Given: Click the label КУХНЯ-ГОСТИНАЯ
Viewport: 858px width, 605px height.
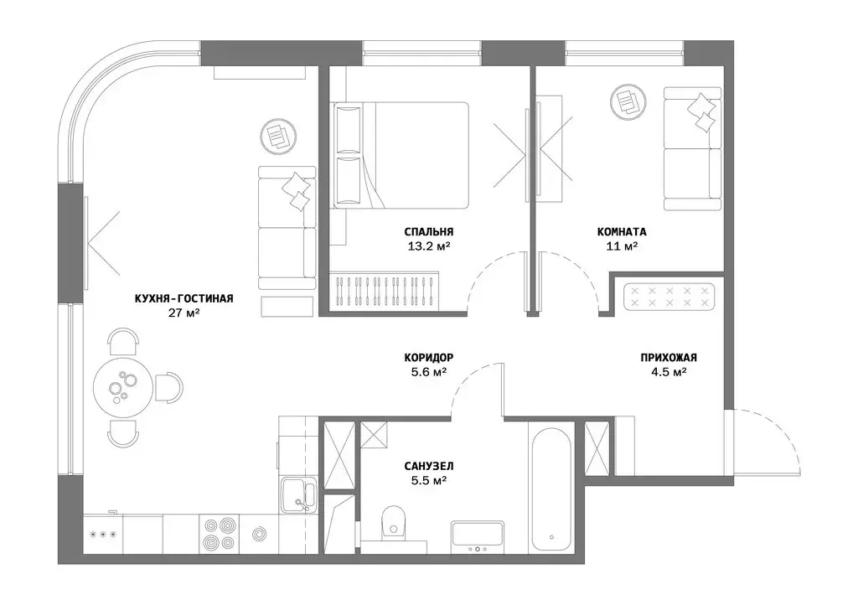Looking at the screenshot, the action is pyautogui.click(x=183, y=298).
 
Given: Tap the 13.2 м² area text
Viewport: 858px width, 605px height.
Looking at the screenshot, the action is pyautogui.click(x=429, y=246).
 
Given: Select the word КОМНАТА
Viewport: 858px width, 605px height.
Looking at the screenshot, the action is pyautogui.click(x=622, y=232).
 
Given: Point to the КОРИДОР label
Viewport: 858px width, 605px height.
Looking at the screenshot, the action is pyautogui.click(x=429, y=358).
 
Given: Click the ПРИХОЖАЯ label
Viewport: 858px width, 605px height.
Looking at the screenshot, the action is pyautogui.click(x=669, y=358).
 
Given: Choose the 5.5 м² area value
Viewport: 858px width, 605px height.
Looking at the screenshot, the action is pyautogui.click(x=429, y=481).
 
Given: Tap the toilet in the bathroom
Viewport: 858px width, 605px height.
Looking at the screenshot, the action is pyautogui.click(x=393, y=520).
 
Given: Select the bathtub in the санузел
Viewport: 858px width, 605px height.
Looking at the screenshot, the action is pyautogui.click(x=551, y=487).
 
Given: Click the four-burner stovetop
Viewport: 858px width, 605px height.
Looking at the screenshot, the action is pyautogui.click(x=219, y=534).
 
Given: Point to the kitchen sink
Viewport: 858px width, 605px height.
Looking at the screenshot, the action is pyautogui.click(x=297, y=494).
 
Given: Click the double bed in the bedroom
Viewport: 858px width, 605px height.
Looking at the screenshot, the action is pyautogui.click(x=400, y=155).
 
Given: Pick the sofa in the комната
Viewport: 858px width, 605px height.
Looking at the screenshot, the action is pyautogui.click(x=693, y=148).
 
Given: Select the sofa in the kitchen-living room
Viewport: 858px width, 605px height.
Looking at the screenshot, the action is pyautogui.click(x=287, y=228).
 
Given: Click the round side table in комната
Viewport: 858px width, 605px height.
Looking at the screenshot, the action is pyautogui.click(x=628, y=101).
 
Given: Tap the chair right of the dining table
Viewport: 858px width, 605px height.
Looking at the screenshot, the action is pyautogui.click(x=168, y=387).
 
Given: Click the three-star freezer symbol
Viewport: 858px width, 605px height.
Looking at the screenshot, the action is pyautogui.click(x=103, y=535).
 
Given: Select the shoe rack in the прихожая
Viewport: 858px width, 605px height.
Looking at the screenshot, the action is pyautogui.click(x=669, y=297).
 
